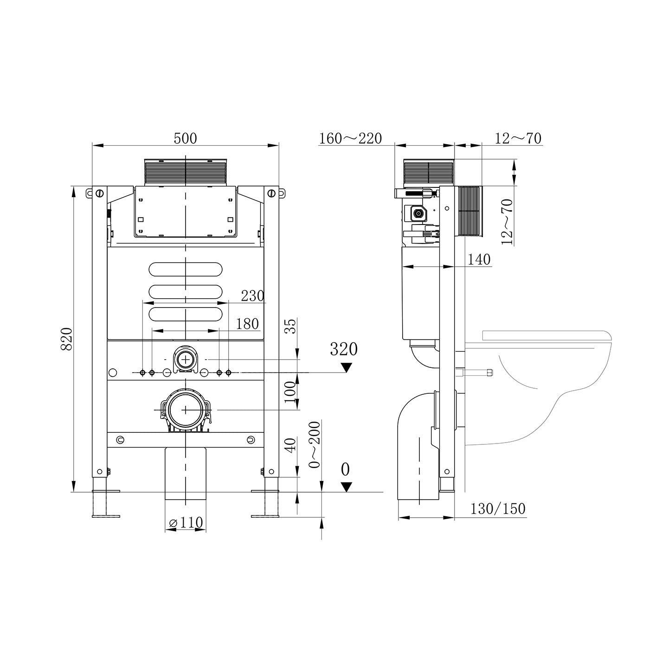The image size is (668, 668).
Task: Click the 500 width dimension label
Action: point(185,138)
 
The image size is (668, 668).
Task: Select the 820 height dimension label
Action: point(66,339)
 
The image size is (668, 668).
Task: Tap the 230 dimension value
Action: point(252,295)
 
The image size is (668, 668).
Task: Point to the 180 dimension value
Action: point(247,324)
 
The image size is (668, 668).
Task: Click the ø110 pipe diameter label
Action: point(186,522)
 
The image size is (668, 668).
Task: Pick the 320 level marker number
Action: point(344,349)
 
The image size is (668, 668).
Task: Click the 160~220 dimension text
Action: point(351,138)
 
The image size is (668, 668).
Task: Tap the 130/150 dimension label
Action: point(498,509)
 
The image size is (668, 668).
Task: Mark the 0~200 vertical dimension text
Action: point(315,444)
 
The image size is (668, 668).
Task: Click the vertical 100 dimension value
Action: point(289,392)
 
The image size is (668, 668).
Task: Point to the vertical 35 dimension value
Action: point(289,326)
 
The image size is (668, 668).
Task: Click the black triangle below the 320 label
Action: point(346,367)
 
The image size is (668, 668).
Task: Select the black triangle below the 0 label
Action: point(346,487)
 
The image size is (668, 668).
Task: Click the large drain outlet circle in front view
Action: point(186,410)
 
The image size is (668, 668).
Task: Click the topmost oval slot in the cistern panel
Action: point(186,269)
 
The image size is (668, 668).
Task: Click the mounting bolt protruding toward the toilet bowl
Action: point(478,372)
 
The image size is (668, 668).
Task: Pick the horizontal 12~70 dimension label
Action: point(518,138)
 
